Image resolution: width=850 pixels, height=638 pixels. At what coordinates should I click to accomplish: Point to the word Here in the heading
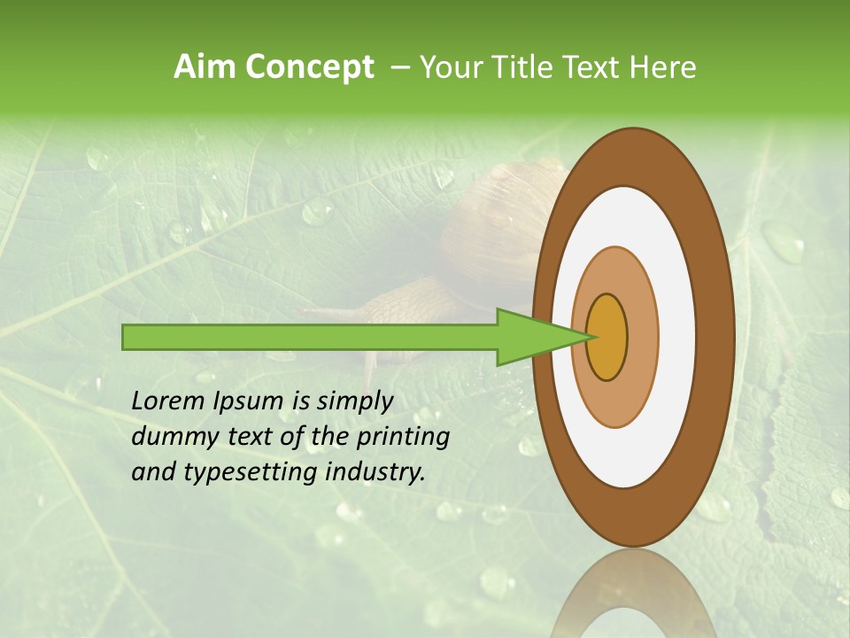663,67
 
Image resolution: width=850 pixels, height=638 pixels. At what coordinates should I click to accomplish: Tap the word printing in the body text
402,438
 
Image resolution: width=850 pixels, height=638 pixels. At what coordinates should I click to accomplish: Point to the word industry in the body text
375,472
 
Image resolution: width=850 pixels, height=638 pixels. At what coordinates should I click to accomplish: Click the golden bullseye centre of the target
607,337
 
